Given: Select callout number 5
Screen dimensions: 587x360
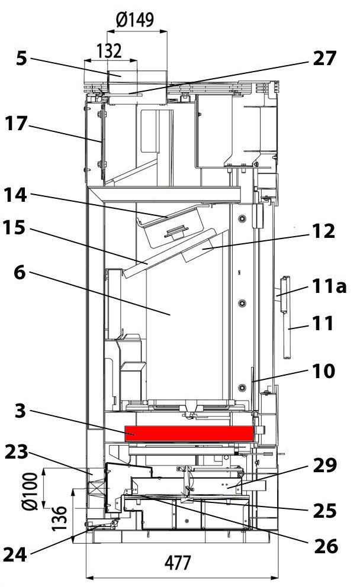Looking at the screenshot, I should coord(21,60).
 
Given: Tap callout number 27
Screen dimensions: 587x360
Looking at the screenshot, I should coord(324,59).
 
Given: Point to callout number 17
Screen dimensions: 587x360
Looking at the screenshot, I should coord(17,124).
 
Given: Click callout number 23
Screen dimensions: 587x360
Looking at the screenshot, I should coord(17,453).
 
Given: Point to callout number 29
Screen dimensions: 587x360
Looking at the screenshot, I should coord(323,467).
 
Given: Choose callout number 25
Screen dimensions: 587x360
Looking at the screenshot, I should coord(324,510).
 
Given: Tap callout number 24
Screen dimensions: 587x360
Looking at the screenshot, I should coord(17,554).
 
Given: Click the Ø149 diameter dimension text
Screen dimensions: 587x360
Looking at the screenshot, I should coord(136,20).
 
